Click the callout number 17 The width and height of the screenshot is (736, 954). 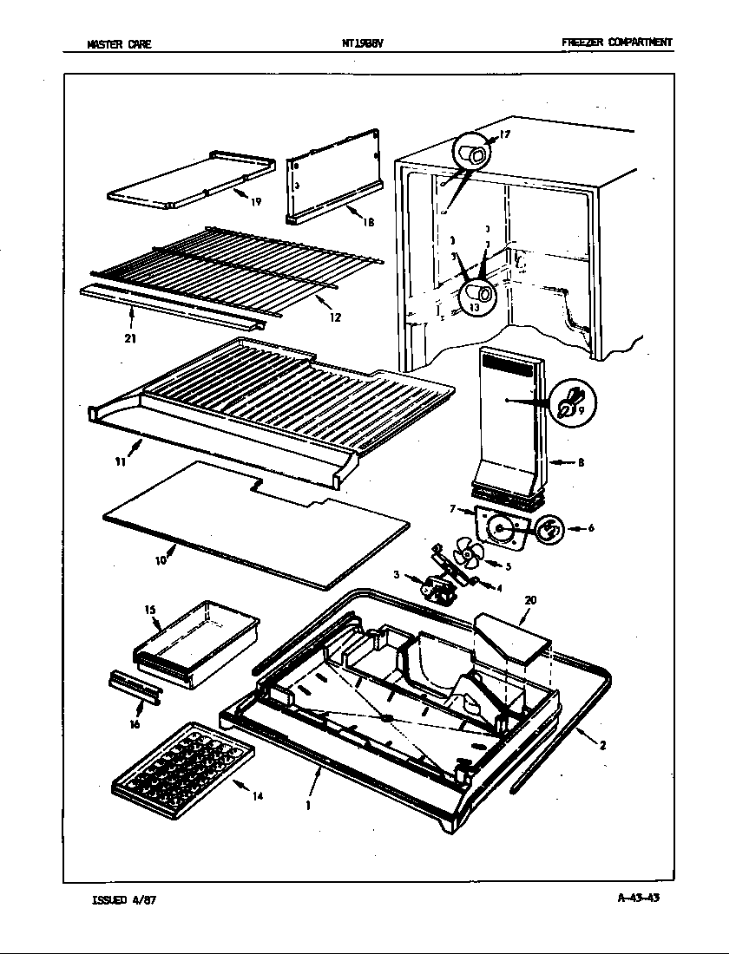click(x=505, y=134)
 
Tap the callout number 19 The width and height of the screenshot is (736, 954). click(x=256, y=202)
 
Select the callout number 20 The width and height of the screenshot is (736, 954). click(x=530, y=599)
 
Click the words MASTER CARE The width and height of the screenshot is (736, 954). click(x=120, y=43)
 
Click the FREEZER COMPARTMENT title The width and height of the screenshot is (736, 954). click(x=616, y=42)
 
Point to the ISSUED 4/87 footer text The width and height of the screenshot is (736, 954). click(x=123, y=899)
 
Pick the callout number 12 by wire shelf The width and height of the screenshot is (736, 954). click(x=335, y=317)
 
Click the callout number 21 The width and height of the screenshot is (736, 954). click(x=130, y=338)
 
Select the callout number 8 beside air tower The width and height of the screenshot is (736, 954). click(x=581, y=463)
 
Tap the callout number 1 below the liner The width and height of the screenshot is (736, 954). click(x=308, y=804)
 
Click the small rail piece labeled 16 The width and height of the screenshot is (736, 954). click(x=134, y=687)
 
